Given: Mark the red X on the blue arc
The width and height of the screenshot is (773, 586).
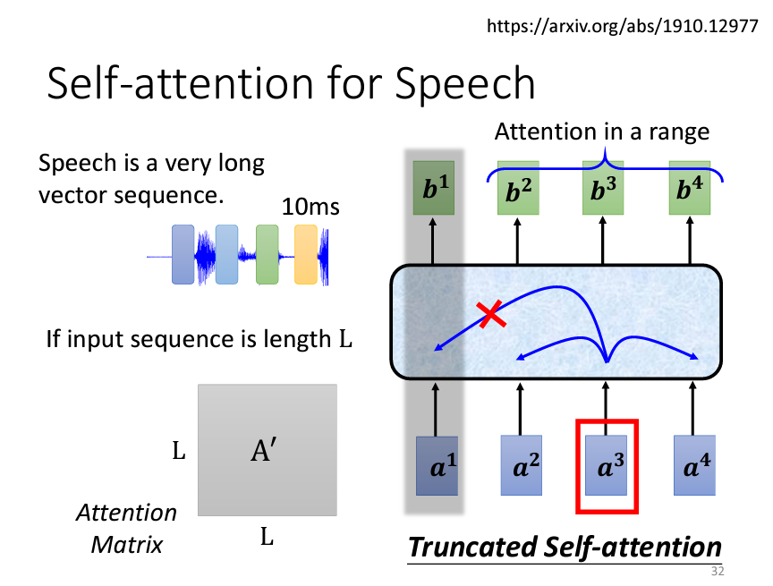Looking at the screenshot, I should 489,312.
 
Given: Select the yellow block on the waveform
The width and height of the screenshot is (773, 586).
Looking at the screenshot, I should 307,254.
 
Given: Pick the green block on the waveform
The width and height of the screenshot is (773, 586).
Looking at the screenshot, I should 268,254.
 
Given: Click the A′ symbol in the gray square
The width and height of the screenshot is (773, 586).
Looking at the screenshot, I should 267,451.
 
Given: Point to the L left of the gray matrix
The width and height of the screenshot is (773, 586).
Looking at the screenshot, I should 178,452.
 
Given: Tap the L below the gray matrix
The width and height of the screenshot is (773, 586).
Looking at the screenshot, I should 267,538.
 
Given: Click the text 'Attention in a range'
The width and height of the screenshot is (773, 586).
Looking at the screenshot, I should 602,132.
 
